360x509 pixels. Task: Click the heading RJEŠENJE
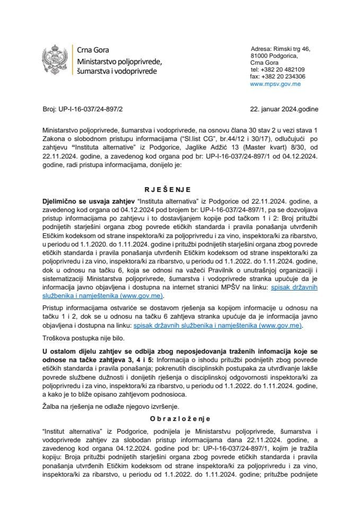[x=180, y=188]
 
